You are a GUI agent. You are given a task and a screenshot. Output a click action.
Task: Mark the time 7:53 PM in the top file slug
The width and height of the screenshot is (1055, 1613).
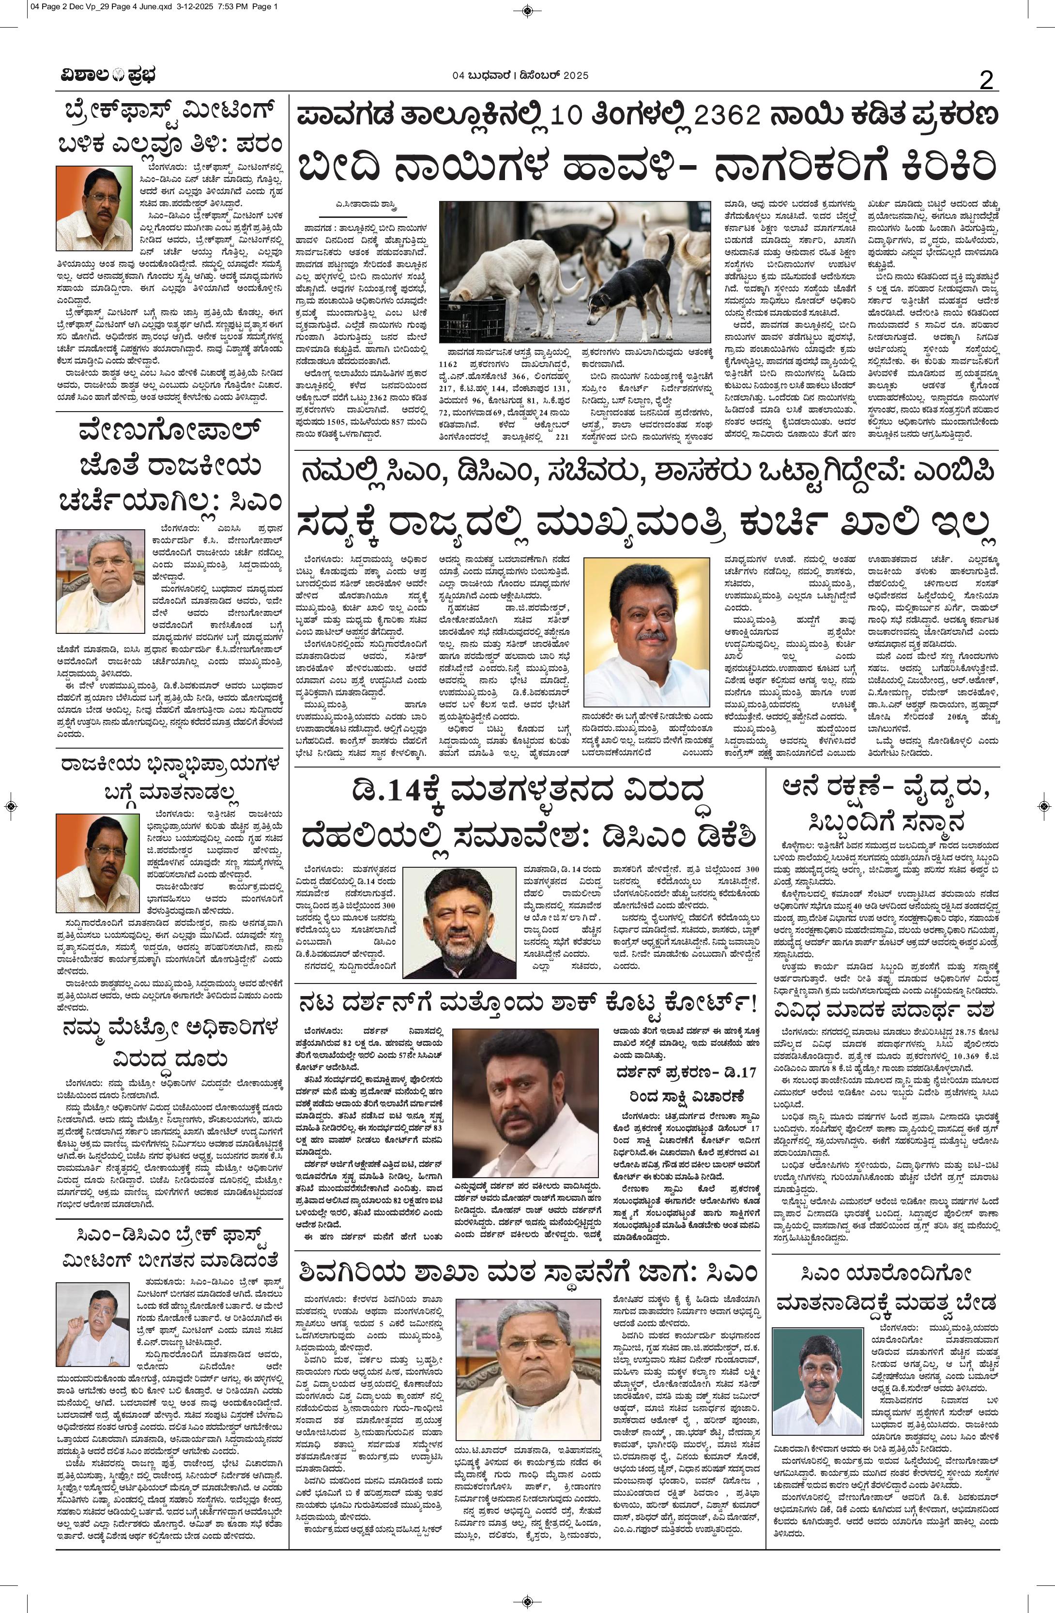(216, 7)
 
